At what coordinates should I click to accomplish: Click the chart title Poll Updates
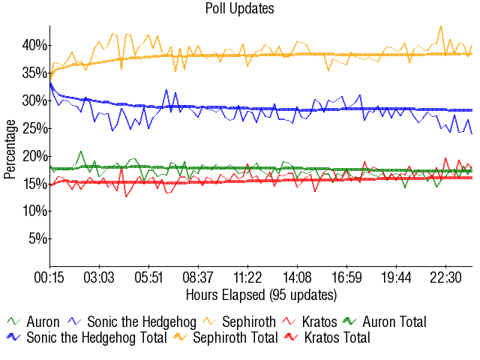239,9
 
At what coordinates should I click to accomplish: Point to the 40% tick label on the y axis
34,45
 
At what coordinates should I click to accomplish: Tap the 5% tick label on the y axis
37,239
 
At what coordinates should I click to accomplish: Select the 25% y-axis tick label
34,128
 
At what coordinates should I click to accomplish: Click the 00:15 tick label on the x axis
50,277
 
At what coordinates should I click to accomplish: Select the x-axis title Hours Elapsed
261,293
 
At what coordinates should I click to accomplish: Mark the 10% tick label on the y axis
34,211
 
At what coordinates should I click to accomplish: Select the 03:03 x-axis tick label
100,277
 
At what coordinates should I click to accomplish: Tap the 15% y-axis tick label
34,184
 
